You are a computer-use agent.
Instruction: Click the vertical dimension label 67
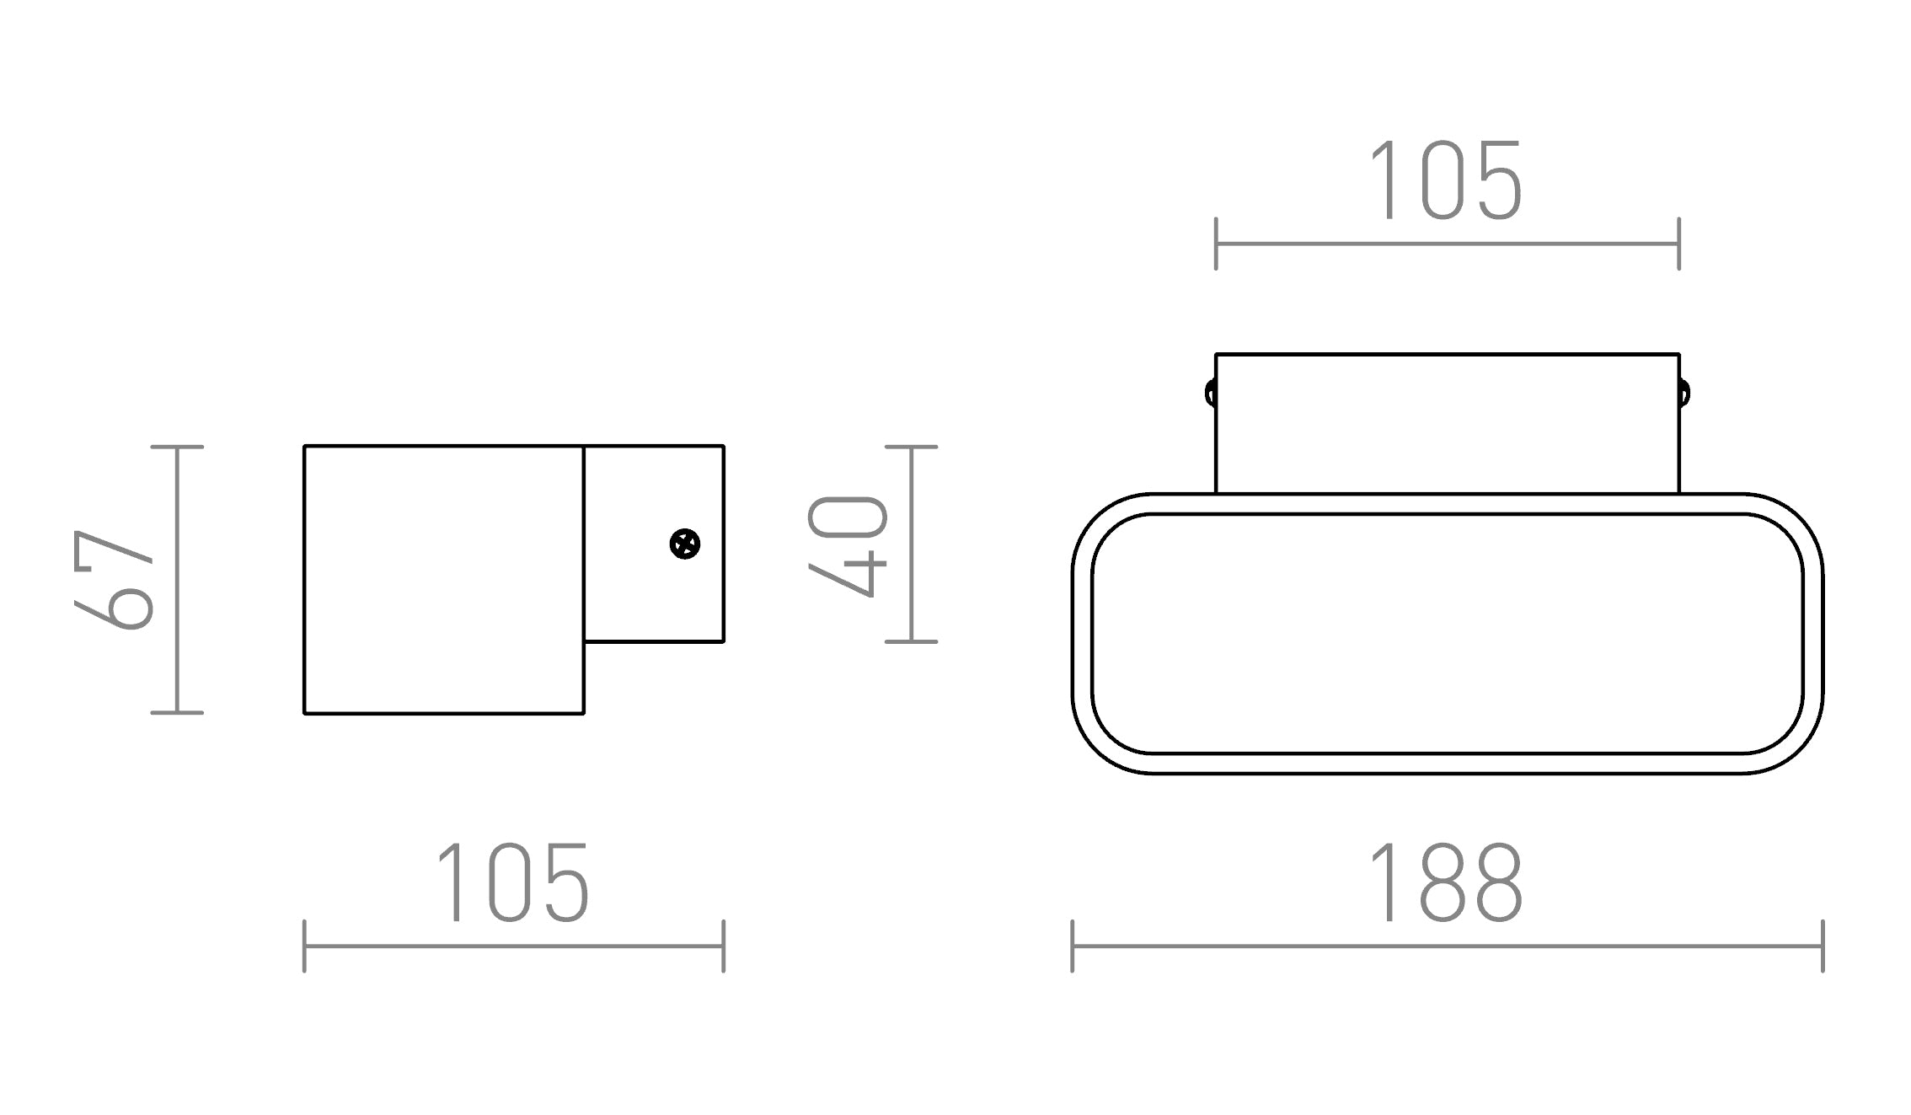point(114,580)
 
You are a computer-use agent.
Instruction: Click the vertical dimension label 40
point(847,546)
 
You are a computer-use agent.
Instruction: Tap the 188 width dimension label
point(1446,883)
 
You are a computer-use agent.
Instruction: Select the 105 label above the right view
point(1446,181)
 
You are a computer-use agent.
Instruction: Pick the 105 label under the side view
point(512,883)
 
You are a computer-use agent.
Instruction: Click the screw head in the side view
point(684,544)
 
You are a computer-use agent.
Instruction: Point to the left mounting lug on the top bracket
point(1211,394)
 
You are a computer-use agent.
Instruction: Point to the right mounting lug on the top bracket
point(1683,394)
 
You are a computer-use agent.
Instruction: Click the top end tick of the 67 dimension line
point(177,447)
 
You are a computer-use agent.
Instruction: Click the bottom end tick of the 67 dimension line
point(177,713)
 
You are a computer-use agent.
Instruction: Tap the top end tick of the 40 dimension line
point(911,447)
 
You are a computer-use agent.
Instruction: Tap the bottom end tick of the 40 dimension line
point(911,641)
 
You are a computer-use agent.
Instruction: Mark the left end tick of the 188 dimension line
point(1073,946)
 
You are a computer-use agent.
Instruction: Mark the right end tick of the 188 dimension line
point(1823,946)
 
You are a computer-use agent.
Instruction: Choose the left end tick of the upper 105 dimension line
point(1216,244)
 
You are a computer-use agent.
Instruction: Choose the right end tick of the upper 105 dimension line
point(1679,244)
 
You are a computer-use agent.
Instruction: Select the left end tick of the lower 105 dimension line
point(304,946)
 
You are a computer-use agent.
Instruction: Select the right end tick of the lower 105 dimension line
point(724,946)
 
